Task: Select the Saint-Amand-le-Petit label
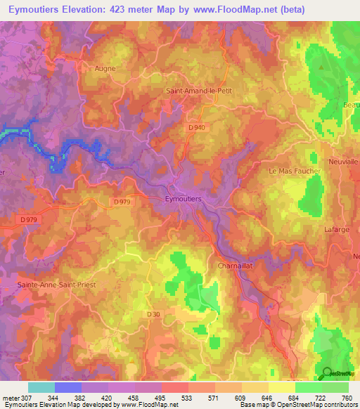click(198, 91)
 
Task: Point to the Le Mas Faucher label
click(295, 171)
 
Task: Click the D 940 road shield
click(198, 127)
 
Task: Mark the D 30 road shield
click(155, 314)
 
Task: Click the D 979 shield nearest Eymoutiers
click(122, 202)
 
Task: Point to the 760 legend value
click(347, 398)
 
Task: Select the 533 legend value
click(188, 398)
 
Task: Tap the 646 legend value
click(268, 398)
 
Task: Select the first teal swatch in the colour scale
click(41, 387)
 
